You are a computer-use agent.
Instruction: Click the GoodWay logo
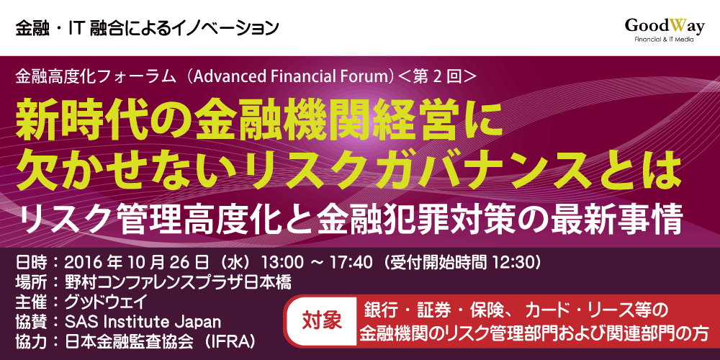point(664,27)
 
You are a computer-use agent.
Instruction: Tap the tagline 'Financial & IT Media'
point(664,40)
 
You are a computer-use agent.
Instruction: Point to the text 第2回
point(436,77)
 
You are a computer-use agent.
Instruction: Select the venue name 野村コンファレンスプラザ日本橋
point(178,282)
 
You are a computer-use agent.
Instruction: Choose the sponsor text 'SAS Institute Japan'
point(143,322)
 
